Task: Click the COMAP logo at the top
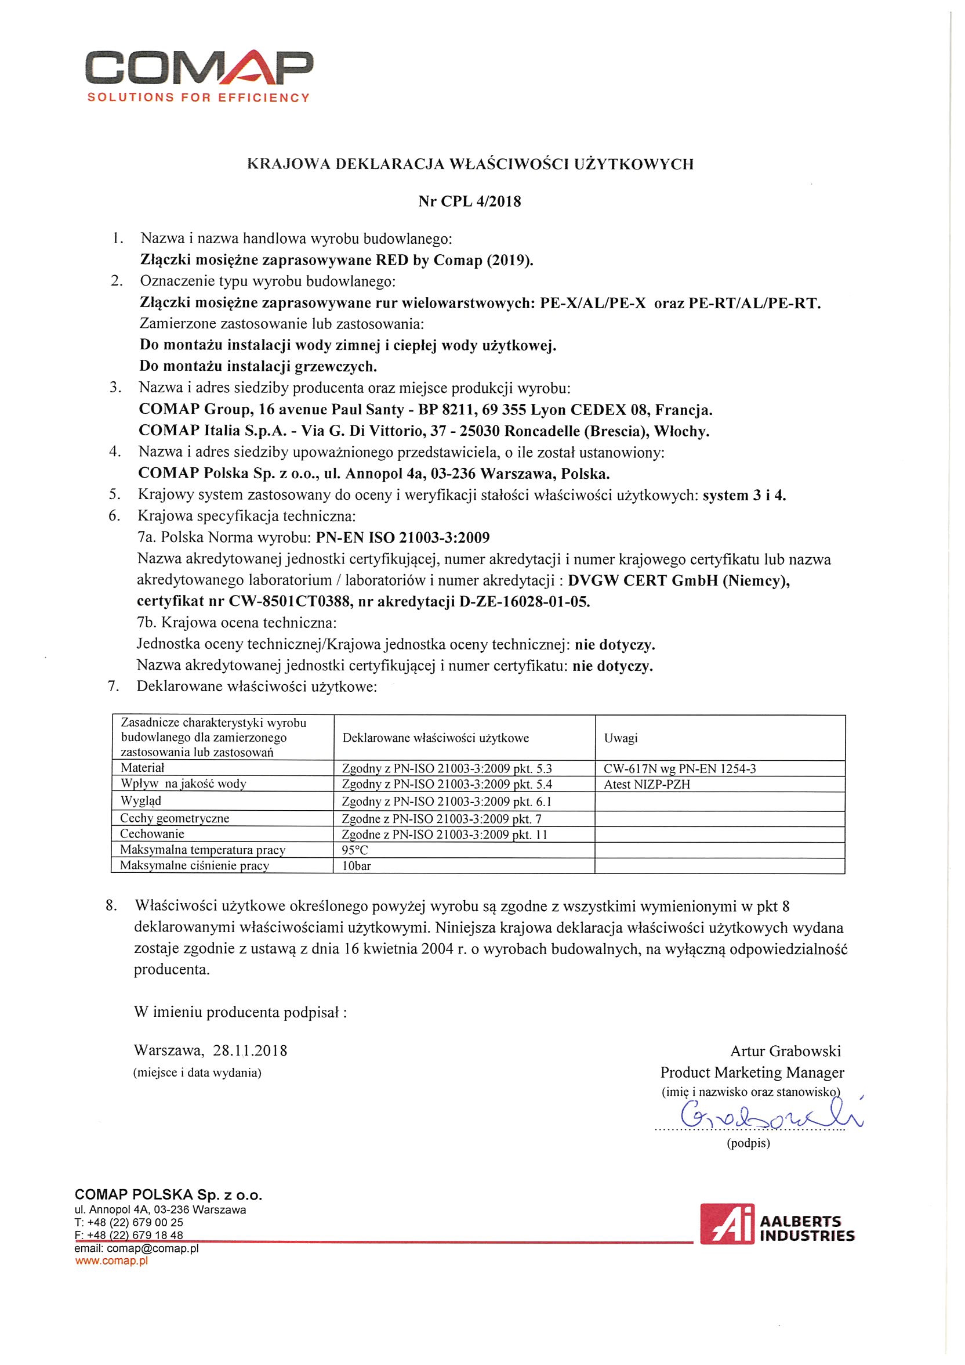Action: (198, 68)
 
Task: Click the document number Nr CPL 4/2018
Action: (469, 201)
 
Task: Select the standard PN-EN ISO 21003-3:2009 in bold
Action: (403, 538)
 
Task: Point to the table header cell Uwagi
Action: (621, 738)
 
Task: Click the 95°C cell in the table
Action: (355, 850)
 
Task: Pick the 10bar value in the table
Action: (357, 866)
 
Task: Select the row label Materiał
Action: (143, 767)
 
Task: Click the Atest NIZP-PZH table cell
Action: (647, 784)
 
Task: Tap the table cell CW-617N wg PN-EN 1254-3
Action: (680, 769)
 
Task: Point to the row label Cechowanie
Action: (152, 833)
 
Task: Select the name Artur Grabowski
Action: (785, 1051)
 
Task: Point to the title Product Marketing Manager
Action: (752, 1072)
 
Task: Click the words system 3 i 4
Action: (744, 495)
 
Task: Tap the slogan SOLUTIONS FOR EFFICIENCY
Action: (198, 98)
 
